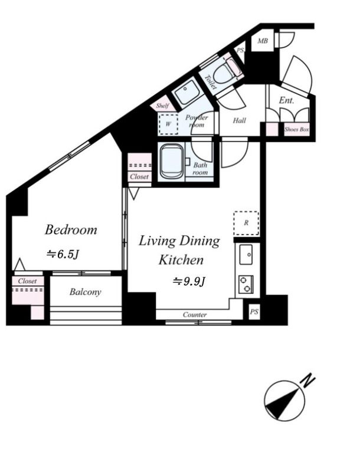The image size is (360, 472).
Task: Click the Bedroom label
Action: tap(71, 230)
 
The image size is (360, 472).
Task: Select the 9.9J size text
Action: tap(188, 281)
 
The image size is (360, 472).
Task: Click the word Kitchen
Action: tap(181, 260)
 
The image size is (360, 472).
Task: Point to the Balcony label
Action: tap(86, 292)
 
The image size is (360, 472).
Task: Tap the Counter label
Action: tap(194, 314)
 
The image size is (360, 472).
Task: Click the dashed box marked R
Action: tap(246, 223)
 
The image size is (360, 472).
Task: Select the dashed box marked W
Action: tap(168, 124)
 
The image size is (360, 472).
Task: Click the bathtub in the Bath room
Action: tap(171, 160)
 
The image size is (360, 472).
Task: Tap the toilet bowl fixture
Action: tap(225, 72)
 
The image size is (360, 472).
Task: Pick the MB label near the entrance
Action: tap(263, 41)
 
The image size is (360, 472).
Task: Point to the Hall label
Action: tap(239, 121)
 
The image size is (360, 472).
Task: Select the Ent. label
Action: tap(286, 101)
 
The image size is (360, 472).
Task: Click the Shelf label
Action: tap(163, 106)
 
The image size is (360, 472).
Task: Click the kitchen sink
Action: tap(246, 256)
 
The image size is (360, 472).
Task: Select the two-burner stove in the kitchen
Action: tap(245, 284)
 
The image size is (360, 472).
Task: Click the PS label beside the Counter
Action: tap(254, 312)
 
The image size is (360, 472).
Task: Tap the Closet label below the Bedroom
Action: tap(27, 281)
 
